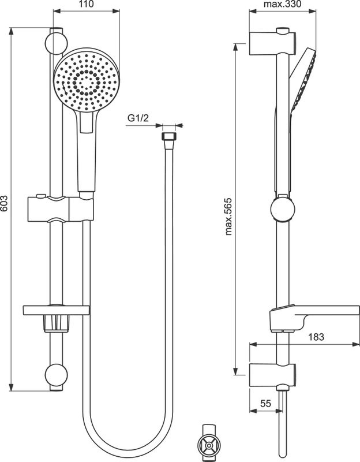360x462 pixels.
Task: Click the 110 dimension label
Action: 87,5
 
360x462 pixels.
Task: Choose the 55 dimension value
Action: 265,404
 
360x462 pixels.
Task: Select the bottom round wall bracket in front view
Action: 56,376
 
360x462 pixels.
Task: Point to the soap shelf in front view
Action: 57,310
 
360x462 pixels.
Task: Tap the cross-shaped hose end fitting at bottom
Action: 209,445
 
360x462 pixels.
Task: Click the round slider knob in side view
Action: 281,210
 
